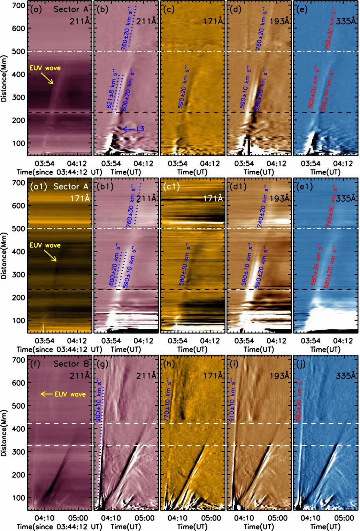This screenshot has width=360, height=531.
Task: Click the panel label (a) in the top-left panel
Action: [36, 9]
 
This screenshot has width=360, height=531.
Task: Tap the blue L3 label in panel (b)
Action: [140, 129]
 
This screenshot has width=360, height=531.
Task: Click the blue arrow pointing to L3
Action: [128, 129]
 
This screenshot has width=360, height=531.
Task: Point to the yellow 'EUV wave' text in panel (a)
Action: [45, 68]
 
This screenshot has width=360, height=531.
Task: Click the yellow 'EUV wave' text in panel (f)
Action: [70, 394]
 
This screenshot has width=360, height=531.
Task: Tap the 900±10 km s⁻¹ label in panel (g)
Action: [99, 401]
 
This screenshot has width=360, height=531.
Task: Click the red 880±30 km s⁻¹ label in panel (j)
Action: [299, 401]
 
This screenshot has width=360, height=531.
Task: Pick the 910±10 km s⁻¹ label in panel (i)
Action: [232, 401]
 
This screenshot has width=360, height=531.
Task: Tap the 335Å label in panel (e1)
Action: [346, 198]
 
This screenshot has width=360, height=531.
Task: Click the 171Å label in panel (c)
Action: [213, 21]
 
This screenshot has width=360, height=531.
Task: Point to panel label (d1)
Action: [238, 187]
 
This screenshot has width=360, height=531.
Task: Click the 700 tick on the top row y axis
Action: [18, 6]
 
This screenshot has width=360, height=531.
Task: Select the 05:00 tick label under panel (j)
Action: [344, 518]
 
